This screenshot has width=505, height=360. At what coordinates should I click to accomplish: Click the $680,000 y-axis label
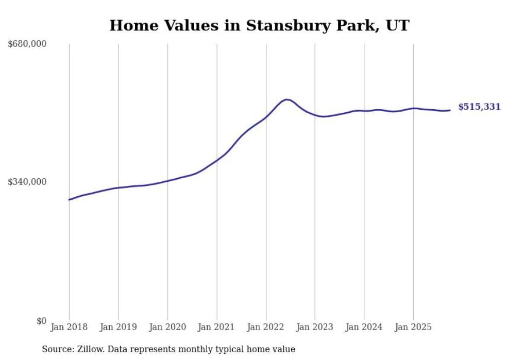(27, 44)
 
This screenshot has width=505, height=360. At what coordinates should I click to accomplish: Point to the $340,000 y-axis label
(27, 182)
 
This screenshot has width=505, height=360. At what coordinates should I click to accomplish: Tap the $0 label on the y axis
(41, 321)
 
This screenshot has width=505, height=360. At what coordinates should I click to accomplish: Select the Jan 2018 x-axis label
(69, 327)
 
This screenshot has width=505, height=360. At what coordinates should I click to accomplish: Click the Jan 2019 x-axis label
(118, 327)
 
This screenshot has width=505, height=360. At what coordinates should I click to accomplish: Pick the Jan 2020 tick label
(167, 327)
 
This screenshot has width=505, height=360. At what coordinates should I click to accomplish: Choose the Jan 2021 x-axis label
(216, 327)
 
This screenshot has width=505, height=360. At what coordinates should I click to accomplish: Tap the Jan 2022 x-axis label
(266, 327)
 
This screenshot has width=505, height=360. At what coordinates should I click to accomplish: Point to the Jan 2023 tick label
(315, 327)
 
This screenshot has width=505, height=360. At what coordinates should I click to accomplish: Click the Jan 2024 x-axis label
(364, 327)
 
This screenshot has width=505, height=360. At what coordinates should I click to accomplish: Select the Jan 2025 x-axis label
(413, 327)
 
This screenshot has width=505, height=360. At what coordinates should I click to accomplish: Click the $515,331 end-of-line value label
(479, 107)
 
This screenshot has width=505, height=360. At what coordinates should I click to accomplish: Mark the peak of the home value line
(286, 99)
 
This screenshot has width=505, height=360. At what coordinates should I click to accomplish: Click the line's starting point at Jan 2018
(69, 200)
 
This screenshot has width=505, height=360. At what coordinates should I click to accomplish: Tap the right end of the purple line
(450, 110)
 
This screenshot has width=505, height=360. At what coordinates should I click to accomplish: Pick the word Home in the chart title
(130, 26)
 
